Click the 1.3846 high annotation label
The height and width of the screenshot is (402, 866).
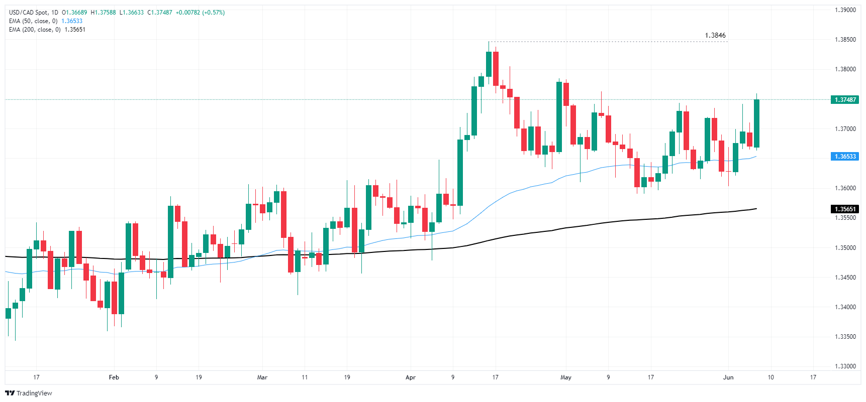[x=715, y=36]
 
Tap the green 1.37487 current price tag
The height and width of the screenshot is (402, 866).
[x=845, y=99]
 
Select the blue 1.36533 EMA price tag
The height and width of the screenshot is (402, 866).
[x=845, y=157]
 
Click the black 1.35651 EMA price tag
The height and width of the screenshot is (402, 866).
[x=845, y=209]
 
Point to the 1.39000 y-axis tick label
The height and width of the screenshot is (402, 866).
[x=845, y=10]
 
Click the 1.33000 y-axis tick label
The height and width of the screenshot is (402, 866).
[x=845, y=366]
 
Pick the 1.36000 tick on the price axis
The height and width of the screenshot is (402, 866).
[x=845, y=188]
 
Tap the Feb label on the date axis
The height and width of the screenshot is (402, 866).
[x=114, y=377]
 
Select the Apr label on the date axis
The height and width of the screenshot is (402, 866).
[x=411, y=377]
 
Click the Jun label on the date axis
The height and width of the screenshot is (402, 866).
[x=728, y=377]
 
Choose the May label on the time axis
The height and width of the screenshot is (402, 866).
[x=566, y=377]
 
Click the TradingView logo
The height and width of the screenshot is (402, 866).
[x=29, y=393]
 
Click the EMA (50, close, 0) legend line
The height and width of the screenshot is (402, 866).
[x=33, y=21]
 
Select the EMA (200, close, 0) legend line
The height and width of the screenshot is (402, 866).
[x=35, y=30]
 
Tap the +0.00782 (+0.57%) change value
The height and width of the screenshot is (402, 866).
[x=200, y=13]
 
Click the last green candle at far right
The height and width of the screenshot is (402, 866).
[x=756, y=123]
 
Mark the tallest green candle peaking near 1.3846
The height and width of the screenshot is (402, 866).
[x=489, y=64]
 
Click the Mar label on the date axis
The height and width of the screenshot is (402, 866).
[x=262, y=377]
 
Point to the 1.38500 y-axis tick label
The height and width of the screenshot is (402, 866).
[x=845, y=40]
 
